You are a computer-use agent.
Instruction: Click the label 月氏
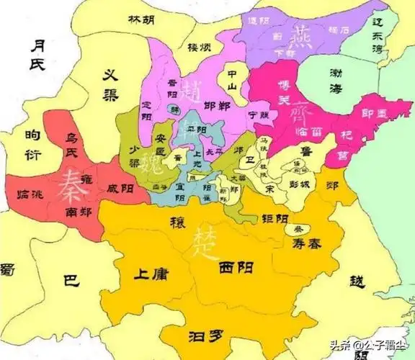(x=37, y=55)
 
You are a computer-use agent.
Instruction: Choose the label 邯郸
(x=217, y=106)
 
